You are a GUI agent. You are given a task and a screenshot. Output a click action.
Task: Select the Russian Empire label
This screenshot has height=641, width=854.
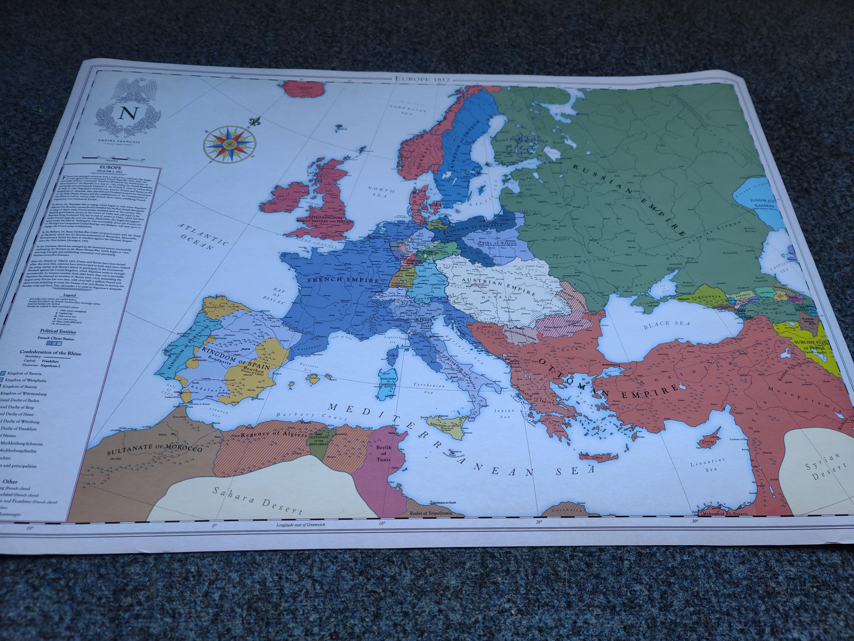click(x=628, y=199)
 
